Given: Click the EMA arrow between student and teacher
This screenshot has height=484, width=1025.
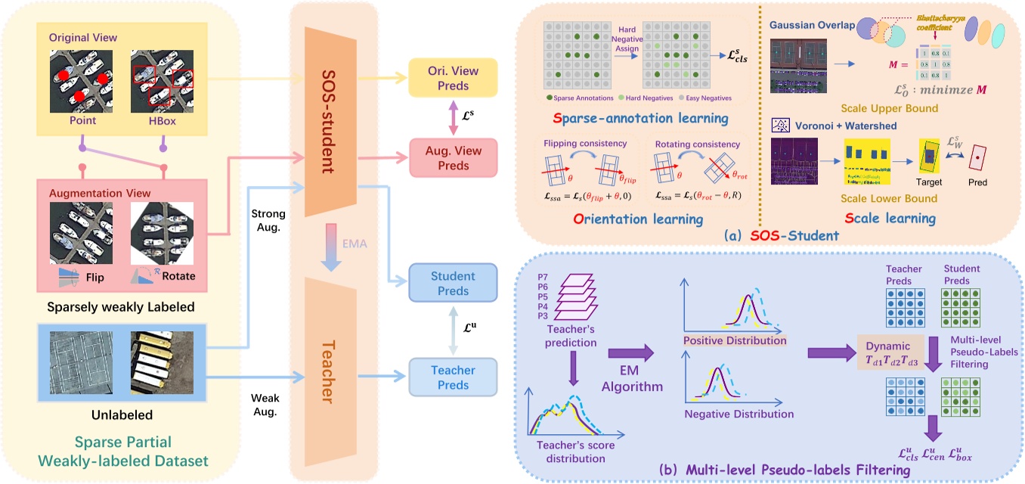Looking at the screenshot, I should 333,244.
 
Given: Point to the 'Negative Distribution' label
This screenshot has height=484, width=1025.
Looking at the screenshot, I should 738,414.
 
